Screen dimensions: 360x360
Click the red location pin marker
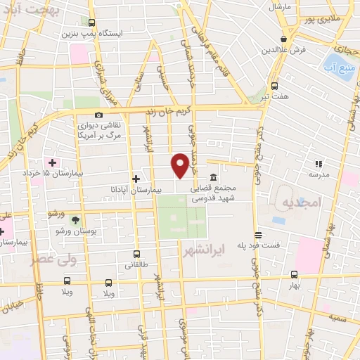(x=180, y=165)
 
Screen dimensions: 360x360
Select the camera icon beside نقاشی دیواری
(x=98, y=115)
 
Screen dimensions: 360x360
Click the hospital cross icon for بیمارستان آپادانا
(x=136, y=179)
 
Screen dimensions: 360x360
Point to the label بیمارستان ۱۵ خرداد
(x=71, y=173)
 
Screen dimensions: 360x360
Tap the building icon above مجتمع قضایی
(x=214, y=177)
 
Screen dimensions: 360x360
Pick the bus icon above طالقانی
(x=136, y=255)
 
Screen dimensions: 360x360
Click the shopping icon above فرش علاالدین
(x=283, y=38)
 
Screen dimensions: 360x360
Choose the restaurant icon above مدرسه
(x=317, y=164)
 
